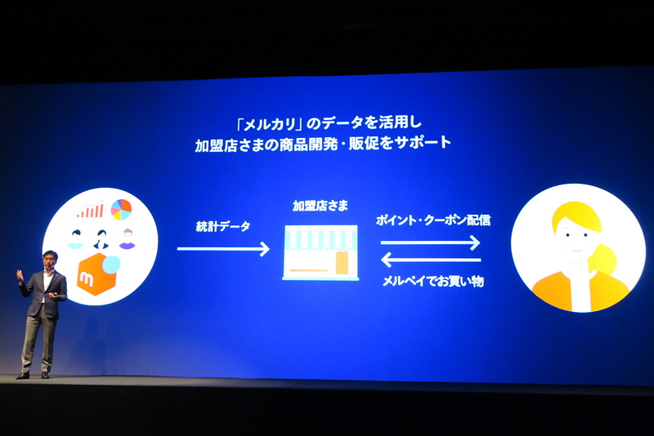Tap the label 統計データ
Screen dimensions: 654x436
[222, 226]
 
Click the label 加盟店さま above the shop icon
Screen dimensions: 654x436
[320, 206]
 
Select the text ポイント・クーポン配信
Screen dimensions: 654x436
[433, 220]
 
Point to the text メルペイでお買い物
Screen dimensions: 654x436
[433, 282]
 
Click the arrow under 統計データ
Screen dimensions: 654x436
[223, 249]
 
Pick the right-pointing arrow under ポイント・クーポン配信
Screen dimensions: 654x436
[431, 242]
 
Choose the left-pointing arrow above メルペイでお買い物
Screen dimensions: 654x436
[431, 260]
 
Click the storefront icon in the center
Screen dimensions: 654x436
[320, 252]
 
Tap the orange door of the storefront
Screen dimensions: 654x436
[342, 263]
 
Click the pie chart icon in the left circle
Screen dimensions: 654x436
[121, 210]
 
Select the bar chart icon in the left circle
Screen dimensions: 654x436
[90, 210]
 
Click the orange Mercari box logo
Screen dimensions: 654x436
[98, 274]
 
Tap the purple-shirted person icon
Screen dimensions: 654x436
[128, 239]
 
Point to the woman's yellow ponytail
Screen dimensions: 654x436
[602, 259]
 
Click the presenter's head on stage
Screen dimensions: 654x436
[50, 259]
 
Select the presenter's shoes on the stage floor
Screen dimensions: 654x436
[33, 376]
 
